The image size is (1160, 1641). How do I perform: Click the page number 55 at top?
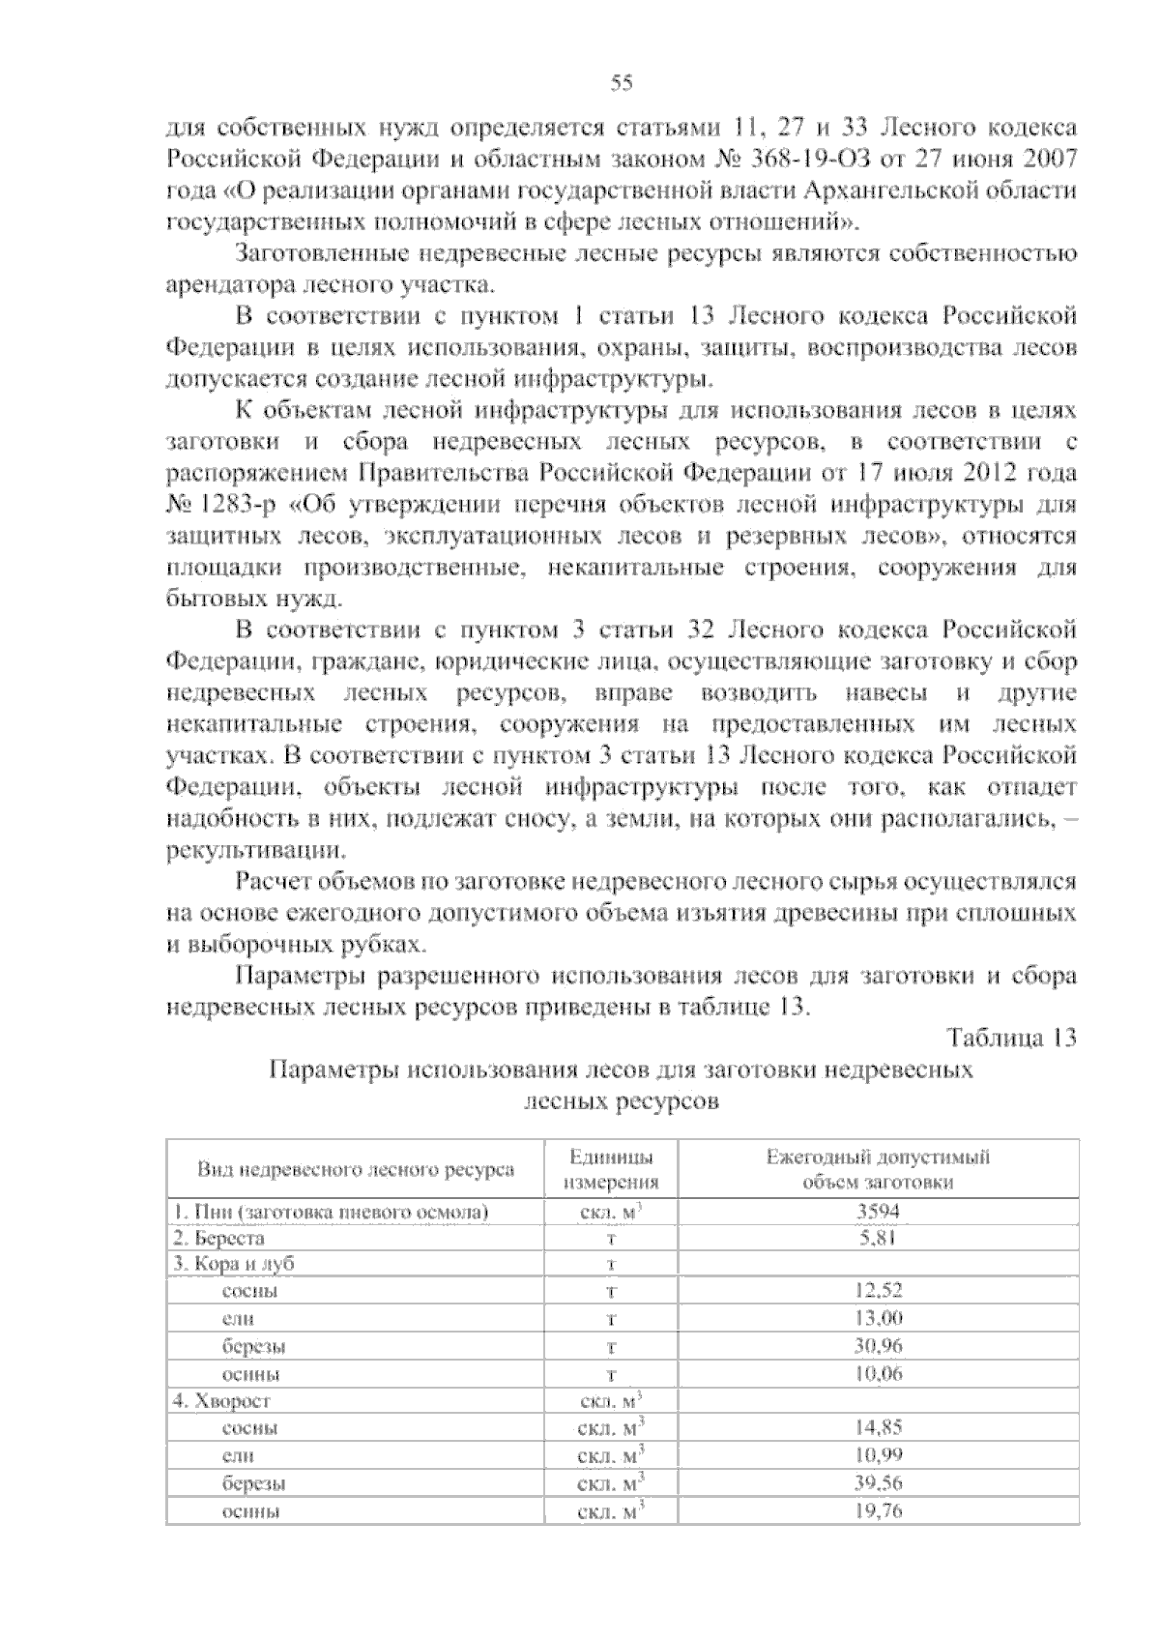click(x=622, y=83)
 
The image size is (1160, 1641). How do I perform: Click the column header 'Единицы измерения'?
click(x=611, y=1169)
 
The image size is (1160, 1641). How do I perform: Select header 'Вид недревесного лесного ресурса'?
click(x=356, y=1169)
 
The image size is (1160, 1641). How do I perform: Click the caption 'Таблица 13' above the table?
click(x=1012, y=1039)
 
